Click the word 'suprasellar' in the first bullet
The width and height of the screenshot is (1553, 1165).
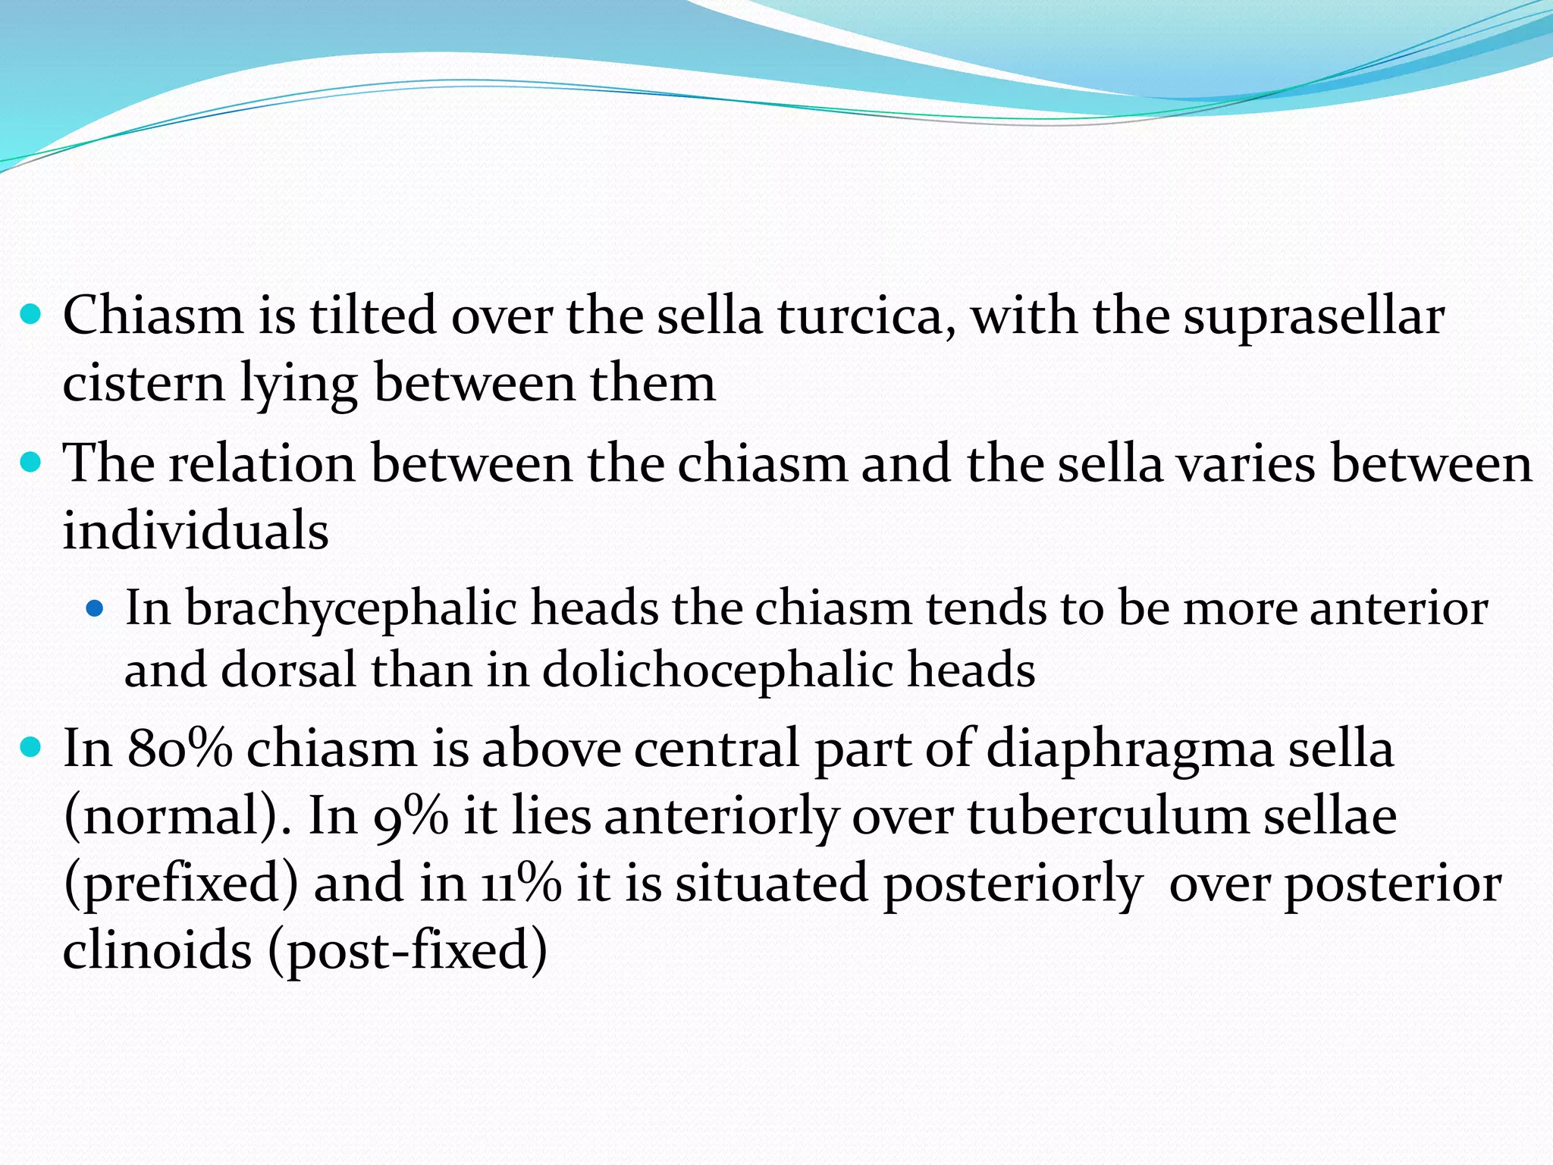point(1313,317)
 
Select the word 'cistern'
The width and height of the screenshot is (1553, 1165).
point(144,383)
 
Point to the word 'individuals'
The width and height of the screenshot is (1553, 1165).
point(196,530)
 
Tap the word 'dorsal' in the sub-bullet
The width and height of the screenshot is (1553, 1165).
point(288,670)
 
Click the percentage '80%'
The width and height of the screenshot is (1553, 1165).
point(180,749)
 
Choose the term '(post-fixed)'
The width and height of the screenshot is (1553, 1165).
point(408,950)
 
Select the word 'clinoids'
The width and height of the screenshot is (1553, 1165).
point(157,950)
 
